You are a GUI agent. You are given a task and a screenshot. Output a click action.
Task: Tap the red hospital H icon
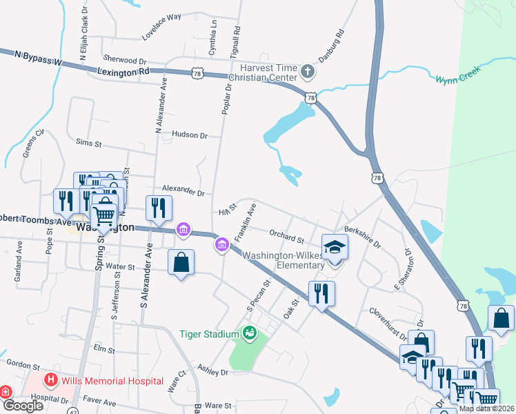click(x=50, y=380)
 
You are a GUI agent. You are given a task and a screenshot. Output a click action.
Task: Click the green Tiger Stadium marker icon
click(x=249, y=333)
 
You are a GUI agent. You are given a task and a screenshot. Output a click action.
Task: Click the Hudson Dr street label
click(x=190, y=135)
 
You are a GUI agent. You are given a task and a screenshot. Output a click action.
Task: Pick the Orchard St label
click(x=287, y=239)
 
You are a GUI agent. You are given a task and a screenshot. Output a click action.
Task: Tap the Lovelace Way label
click(x=162, y=35)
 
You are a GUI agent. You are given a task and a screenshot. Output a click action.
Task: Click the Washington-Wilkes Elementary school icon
click(x=335, y=247)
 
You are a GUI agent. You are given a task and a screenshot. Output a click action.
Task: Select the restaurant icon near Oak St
click(x=321, y=293)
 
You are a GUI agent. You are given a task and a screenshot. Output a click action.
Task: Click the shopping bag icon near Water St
click(x=181, y=262)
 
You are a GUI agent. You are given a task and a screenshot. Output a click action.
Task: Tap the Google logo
click(x=23, y=406)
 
